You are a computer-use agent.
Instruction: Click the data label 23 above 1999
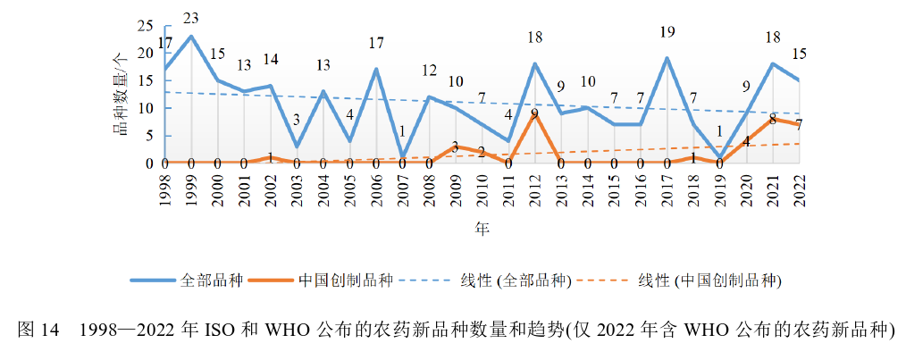pos(190,17)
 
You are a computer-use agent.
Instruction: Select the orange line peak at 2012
pos(534,113)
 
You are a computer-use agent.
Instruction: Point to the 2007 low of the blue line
pos(403,157)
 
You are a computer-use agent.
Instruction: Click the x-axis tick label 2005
pos(349,190)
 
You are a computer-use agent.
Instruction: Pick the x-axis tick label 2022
pos(798,190)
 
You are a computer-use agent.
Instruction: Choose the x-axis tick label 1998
pos(164,190)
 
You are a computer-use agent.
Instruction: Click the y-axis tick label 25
pos(145,26)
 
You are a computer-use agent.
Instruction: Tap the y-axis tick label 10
pos(145,108)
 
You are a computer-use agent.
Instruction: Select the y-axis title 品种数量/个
pos(118,94)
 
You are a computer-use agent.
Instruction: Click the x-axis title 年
pos(482,230)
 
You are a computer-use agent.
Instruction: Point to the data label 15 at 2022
pos(800,54)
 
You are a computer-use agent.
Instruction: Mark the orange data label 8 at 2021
pos(773,118)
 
